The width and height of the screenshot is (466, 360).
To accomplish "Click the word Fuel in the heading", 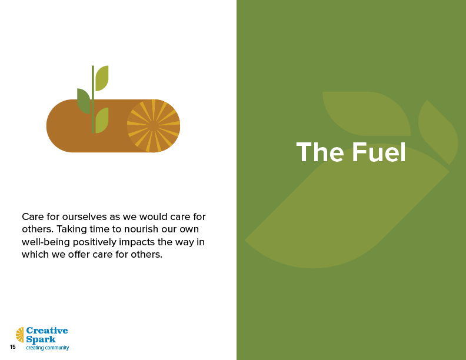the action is [x=379, y=152].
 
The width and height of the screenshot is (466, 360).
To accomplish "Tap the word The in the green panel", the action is [x=320, y=152].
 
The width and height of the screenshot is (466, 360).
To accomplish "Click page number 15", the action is [x=13, y=347].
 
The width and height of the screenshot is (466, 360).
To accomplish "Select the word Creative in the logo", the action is [x=47, y=331].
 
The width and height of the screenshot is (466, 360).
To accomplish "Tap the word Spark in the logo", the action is [x=41, y=339].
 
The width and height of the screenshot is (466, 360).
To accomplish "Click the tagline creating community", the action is [x=48, y=348].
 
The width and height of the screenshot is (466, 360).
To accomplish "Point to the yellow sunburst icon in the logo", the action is [x=20, y=335].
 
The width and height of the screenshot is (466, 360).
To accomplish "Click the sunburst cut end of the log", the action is [x=154, y=126].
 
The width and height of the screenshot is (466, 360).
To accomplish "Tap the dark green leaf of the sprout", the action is [x=84, y=101].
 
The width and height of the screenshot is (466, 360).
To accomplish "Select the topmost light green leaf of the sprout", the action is [x=102, y=78].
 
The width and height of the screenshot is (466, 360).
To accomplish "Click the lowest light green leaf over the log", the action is [x=102, y=121].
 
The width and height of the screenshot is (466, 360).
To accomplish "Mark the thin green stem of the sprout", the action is [x=93, y=99].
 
